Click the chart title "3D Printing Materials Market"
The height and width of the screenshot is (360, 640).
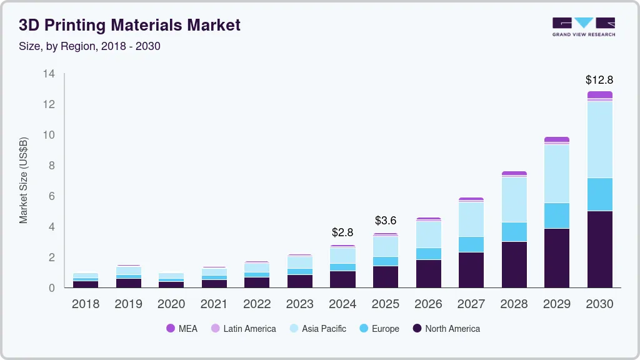click(129, 25)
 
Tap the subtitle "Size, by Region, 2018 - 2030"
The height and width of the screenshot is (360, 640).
click(89, 46)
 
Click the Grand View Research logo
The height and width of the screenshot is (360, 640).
click(583, 26)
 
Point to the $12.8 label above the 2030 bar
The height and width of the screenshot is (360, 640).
click(599, 80)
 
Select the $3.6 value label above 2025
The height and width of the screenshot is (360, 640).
click(386, 221)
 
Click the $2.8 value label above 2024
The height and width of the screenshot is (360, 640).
click(342, 232)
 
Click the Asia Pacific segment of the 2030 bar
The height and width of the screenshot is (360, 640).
click(599, 139)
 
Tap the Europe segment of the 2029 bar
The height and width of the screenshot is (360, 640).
click(556, 216)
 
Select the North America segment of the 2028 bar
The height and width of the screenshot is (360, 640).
click(514, 264)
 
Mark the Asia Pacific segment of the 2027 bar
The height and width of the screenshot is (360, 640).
click(471, 219)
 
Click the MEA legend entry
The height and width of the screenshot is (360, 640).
click(182, 329)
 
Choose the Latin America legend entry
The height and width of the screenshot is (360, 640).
click(243, 329)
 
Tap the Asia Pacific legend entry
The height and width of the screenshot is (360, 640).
click(317, 329)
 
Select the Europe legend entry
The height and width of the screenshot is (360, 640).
click(379, 329)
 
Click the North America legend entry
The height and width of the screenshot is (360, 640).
click(446, 329)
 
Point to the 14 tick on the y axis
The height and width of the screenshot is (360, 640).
click(49, 74)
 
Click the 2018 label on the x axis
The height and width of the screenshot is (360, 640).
click(86, 304)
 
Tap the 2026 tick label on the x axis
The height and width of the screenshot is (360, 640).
click(428, 304)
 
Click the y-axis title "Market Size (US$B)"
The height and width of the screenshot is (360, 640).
click(24, 181)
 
